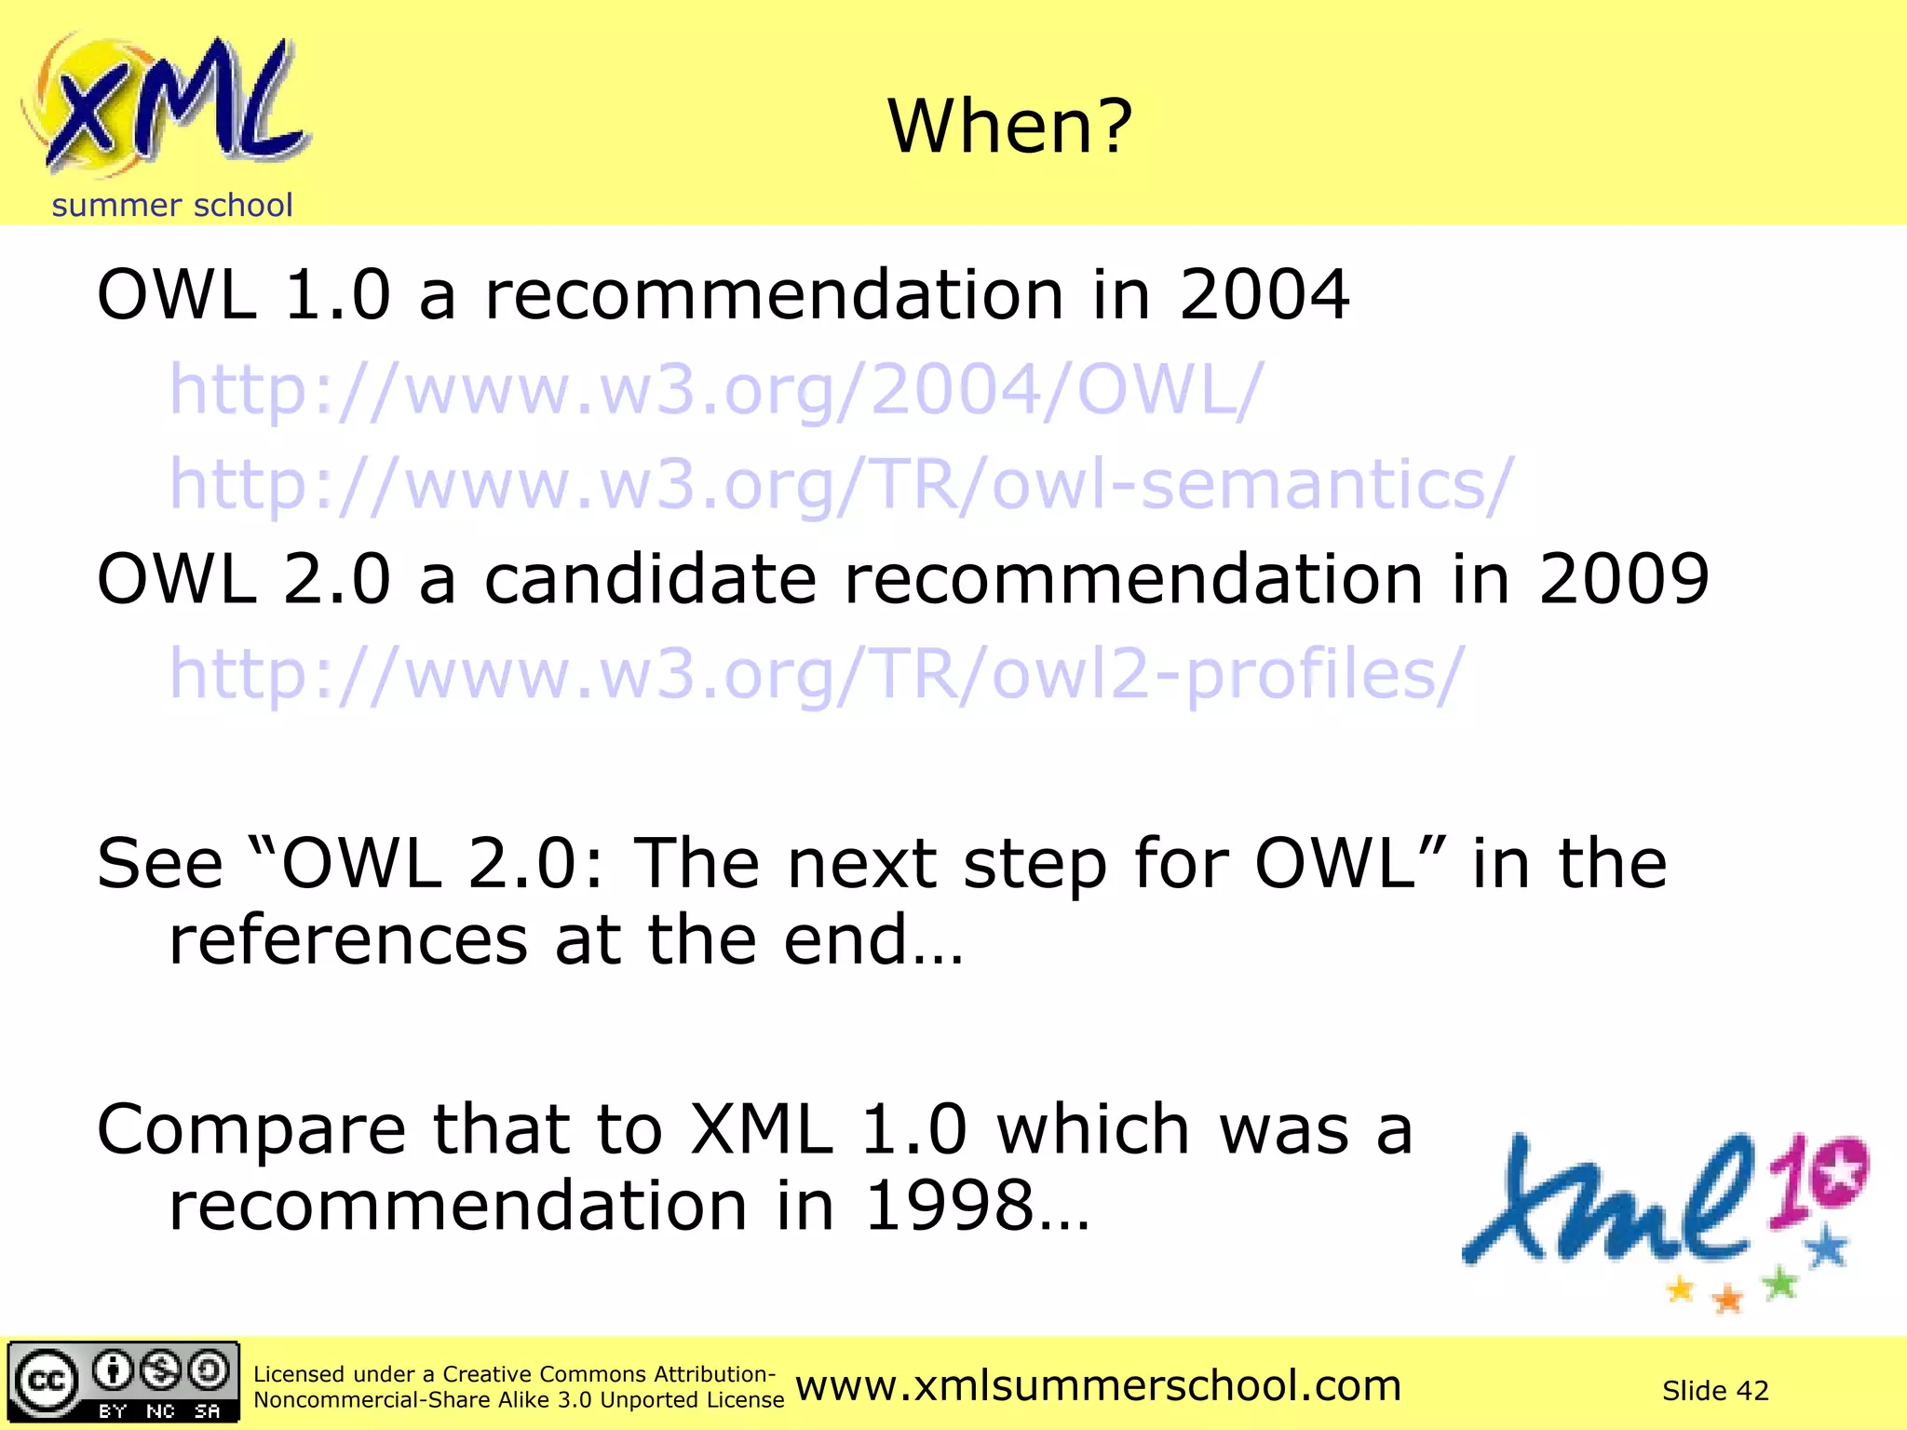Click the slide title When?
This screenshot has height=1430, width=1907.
point(1010,127)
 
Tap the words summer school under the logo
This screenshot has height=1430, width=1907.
point(172,206)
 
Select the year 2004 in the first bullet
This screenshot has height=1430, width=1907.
point(1264,295)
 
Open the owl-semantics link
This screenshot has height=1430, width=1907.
point(841,486)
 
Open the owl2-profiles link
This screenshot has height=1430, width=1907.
point(816,674)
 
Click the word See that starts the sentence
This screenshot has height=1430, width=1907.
point(160,864)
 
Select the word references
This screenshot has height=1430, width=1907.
point(347,940)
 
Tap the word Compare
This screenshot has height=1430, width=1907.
point(251,1130)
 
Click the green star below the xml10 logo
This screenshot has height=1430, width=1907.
point(1780,1284)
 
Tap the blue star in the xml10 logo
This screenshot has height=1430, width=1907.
point(1828,1246)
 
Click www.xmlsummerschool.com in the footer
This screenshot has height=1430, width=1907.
point(1098,1386)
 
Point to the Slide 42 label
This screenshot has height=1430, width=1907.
point(1714,1391)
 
